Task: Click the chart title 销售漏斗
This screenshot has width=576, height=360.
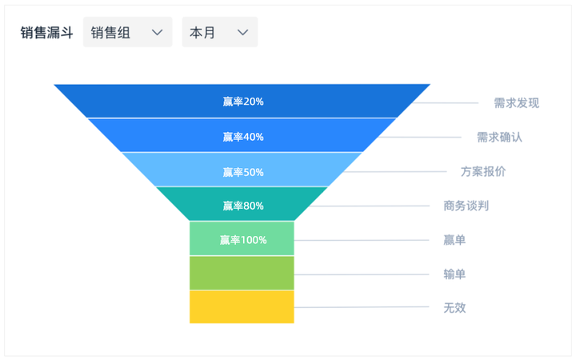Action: tap(46, 33)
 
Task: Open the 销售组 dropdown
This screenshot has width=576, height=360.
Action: tap(127, 32)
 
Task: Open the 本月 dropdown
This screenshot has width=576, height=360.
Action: tap(220, 32)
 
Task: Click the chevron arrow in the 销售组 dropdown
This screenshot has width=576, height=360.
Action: tap(158, 33)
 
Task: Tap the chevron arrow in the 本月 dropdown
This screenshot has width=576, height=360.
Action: tap(242, 33)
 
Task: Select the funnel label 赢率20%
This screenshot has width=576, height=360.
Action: tap(243, 102)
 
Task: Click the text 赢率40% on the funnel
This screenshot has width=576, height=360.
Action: tap(243, 137)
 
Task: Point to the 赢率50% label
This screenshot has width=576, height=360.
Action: tap(243, 172)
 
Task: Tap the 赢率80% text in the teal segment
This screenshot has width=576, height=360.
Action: tap(243, 206)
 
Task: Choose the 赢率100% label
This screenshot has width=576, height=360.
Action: tap(243, 240)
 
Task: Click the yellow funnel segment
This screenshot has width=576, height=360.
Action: tap(242, 306)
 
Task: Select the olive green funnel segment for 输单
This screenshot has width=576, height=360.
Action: tap(242, 273)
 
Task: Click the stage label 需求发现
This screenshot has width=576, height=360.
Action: tap(517, 103)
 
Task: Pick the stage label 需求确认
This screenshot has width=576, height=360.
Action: tap(499, 138)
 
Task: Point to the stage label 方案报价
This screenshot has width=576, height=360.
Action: tap(483, 171)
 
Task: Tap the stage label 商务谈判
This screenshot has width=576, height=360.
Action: tap(466, 206)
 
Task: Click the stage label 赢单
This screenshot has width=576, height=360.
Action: tap(454, 240)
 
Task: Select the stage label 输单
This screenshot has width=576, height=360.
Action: tap(454, 274)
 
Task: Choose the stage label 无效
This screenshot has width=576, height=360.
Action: tap(454, 308)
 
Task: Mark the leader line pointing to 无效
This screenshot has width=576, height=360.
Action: tap(362, 307)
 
